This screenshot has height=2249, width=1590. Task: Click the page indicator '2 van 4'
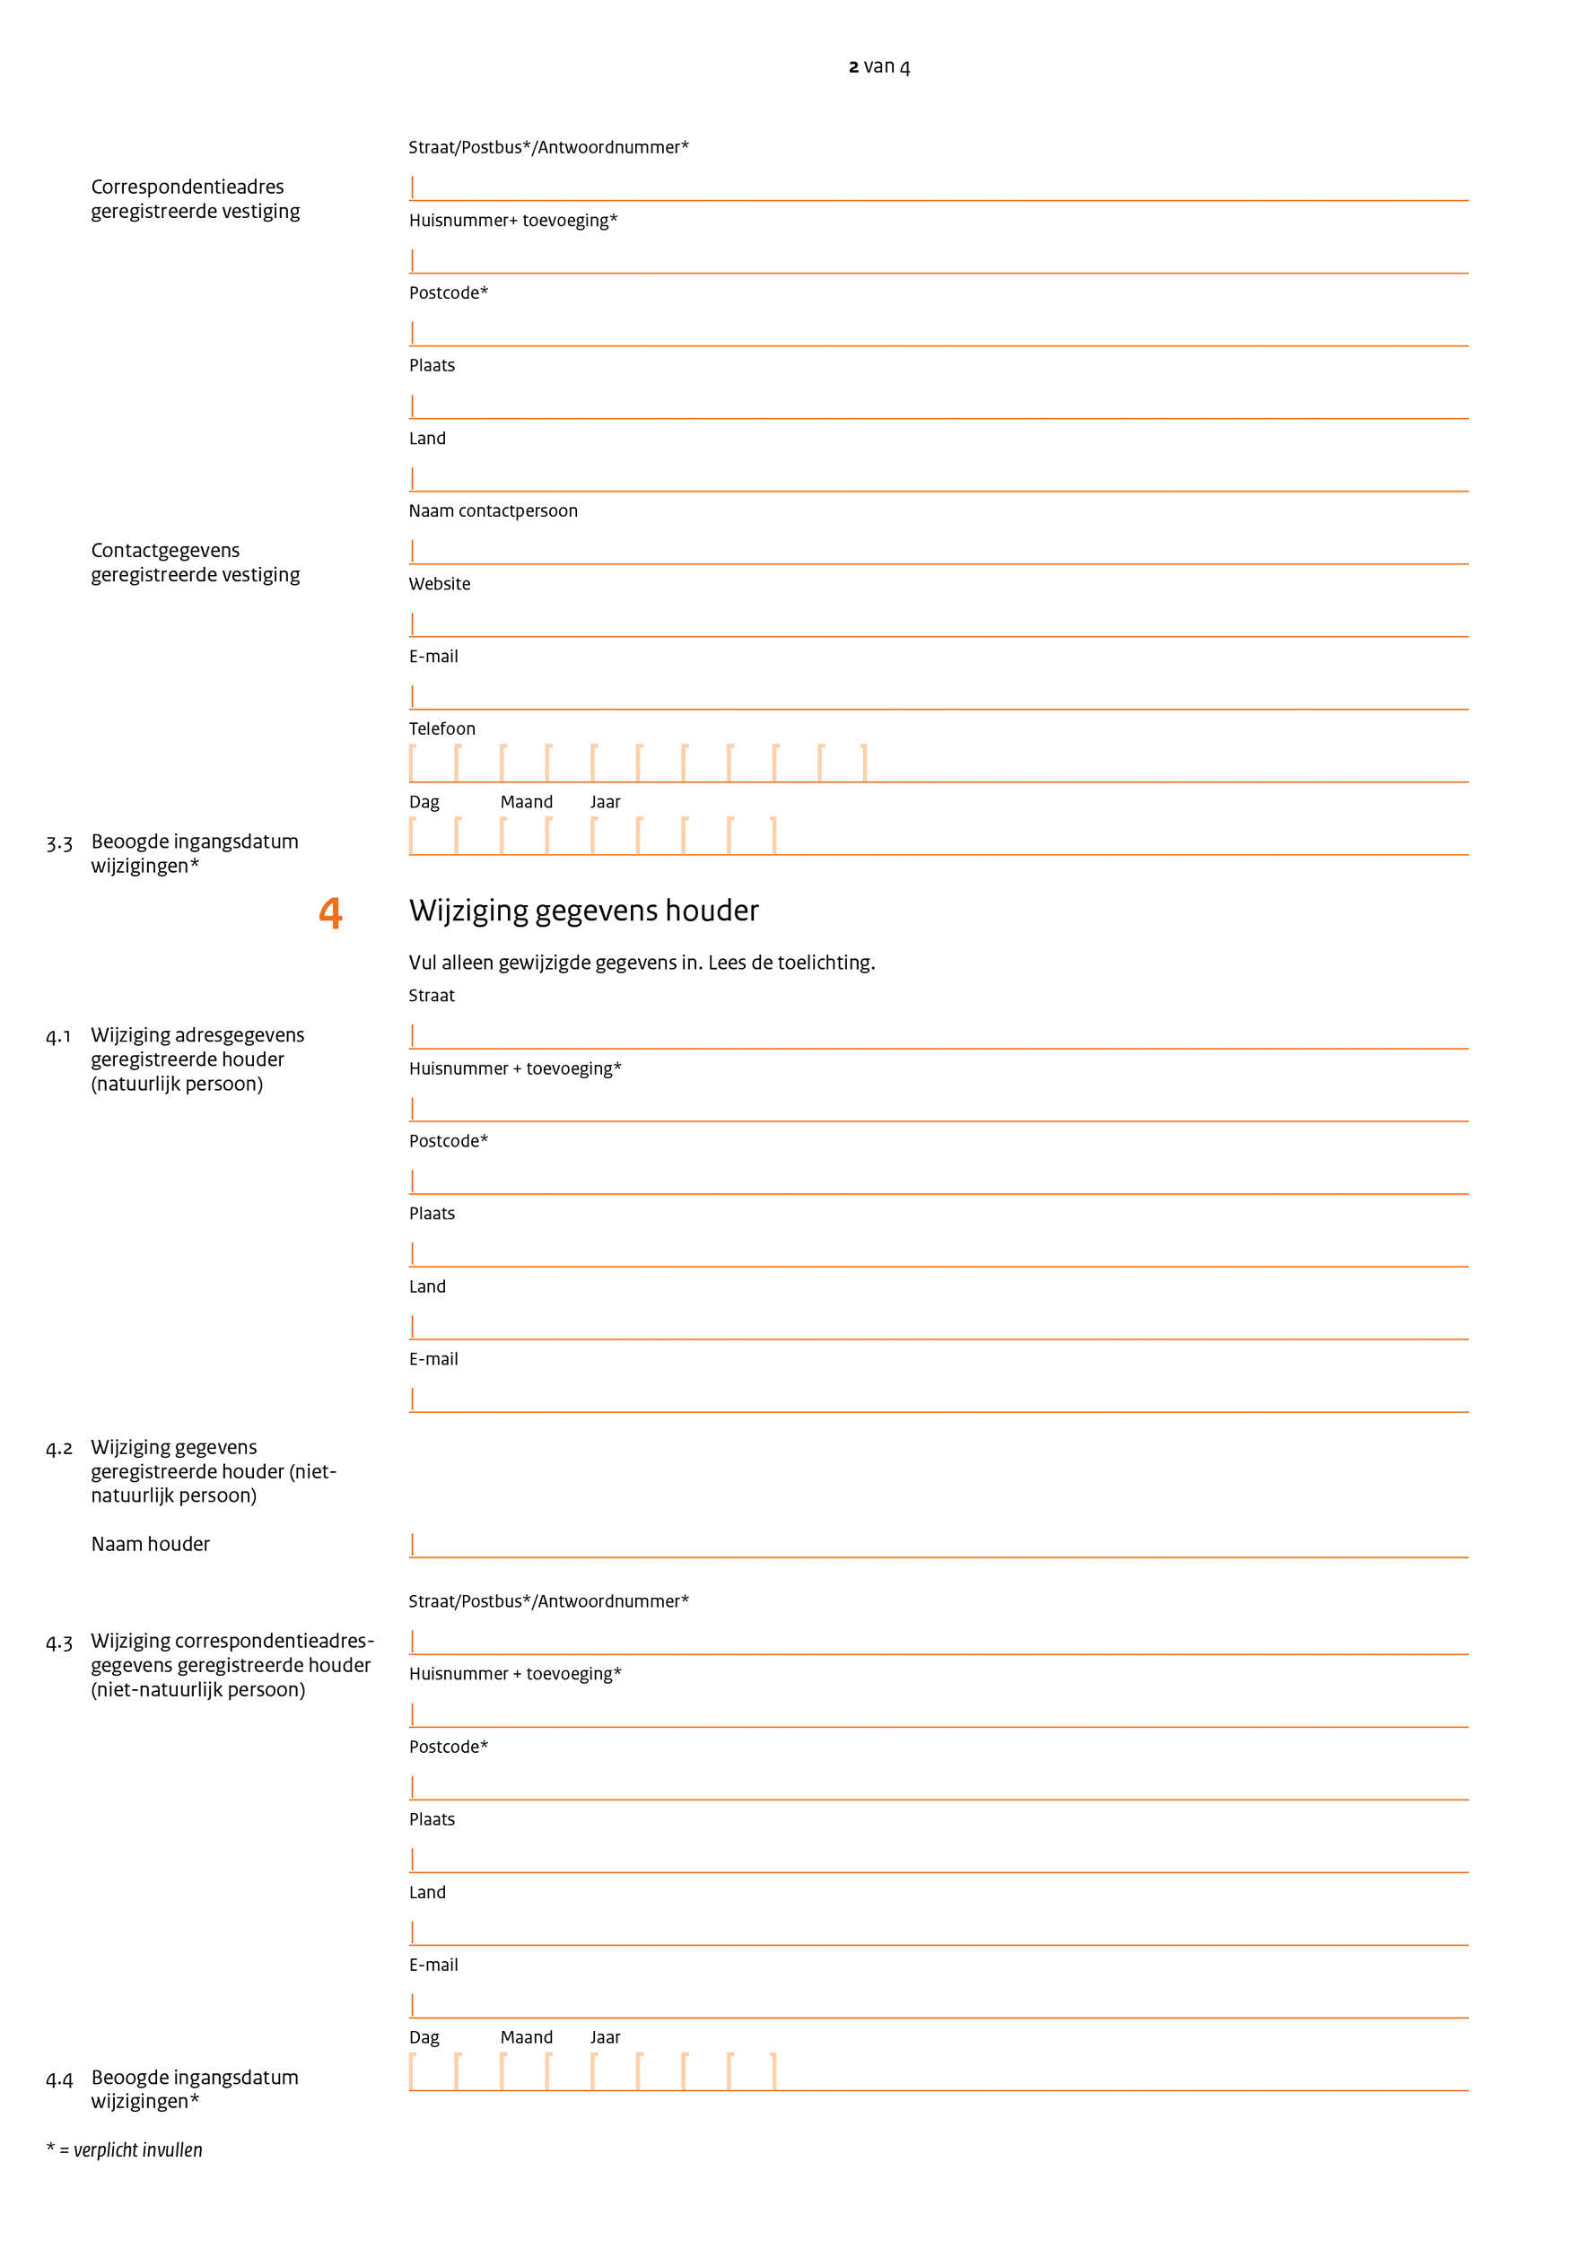[878, 66]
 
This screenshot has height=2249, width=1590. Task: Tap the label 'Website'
[439, 584]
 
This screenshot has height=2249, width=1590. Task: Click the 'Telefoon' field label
[441, 728]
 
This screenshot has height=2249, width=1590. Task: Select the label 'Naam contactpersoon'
[493, 510]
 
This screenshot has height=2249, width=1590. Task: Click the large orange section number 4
[331, 913]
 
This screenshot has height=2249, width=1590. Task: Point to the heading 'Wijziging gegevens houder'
[583, 911]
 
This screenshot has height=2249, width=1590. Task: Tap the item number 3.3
[59, 843]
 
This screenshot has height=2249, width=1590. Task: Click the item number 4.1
[59, 1036]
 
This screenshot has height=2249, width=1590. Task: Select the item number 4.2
[59, 1449]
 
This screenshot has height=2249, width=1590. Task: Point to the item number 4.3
[59, 1643]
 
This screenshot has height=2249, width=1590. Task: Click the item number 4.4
[59, 2079]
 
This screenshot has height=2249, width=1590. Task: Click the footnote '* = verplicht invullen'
[125, 2150]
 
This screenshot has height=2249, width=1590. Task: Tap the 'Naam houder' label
[150, 1544]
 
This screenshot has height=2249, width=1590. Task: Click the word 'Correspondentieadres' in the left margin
[188, 187]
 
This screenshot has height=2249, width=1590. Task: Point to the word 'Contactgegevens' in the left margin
[164, 551]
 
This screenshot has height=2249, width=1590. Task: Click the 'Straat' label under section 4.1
[431, 995]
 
